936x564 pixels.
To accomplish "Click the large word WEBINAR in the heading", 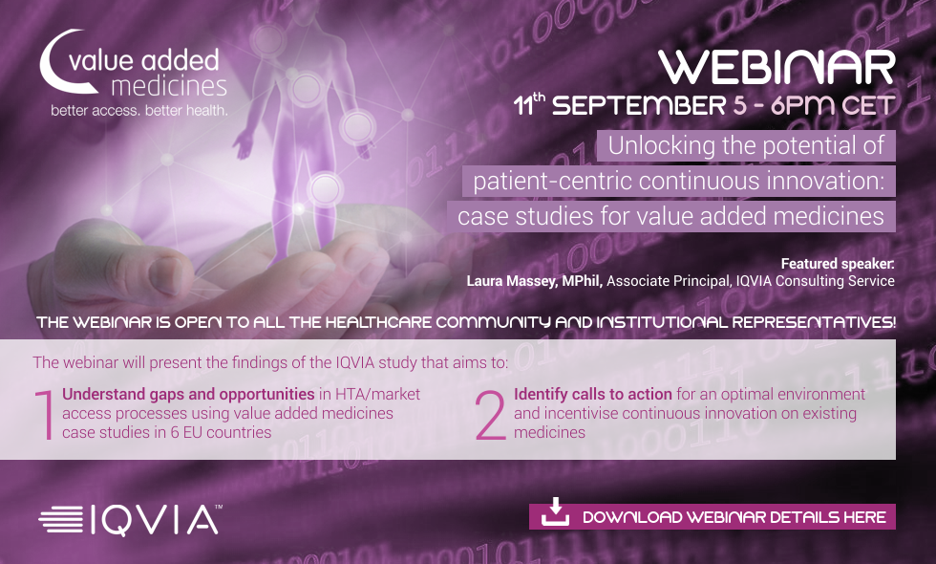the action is [x=776, y=68].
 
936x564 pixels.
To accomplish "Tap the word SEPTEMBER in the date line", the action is [x=639, y=106].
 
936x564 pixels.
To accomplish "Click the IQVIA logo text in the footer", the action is [x=154, y=519].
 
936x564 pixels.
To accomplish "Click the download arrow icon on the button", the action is [x=555, y=512].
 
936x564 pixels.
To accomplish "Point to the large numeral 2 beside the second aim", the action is [x=491, y=415].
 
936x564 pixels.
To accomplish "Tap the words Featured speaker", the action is [x=838, y=264].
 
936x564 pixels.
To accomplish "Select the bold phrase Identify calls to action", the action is [x=593, y=394].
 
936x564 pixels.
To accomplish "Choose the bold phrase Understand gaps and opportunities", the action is [x=188, y=394].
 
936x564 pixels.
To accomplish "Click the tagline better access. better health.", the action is [x=139, y=111].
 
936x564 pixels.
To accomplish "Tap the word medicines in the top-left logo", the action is [x=169, y=86].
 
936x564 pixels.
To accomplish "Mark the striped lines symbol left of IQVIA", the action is [x=61, y=519].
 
